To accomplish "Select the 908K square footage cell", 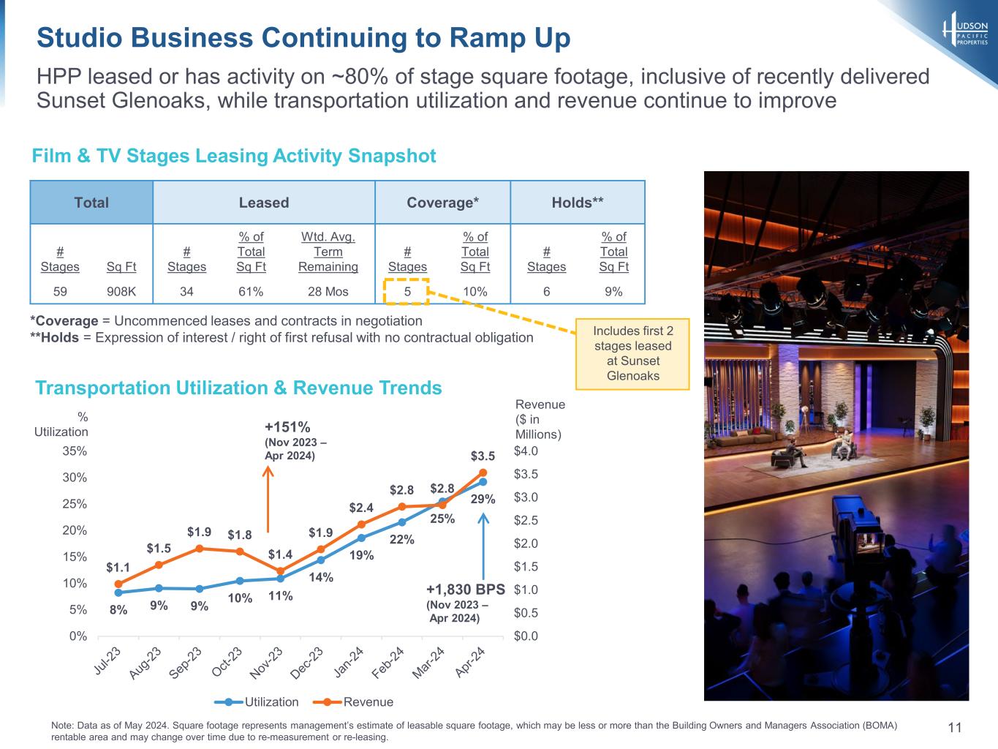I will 121,292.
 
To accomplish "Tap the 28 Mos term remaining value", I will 328,292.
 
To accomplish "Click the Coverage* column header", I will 442,203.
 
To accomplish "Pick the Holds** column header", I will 578,203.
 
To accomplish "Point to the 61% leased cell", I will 251,292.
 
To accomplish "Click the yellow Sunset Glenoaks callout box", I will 632,353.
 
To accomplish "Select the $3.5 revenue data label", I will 483,456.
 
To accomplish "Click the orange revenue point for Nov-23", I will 280,571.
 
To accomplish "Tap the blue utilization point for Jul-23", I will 118,592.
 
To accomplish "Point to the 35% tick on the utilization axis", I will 75,451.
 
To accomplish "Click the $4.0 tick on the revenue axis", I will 526,451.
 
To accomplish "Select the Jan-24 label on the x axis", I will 349,661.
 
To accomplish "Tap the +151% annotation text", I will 287,427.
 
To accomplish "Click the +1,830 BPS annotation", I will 465,590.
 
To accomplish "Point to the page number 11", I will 954,727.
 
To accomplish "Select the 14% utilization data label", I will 320,578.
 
